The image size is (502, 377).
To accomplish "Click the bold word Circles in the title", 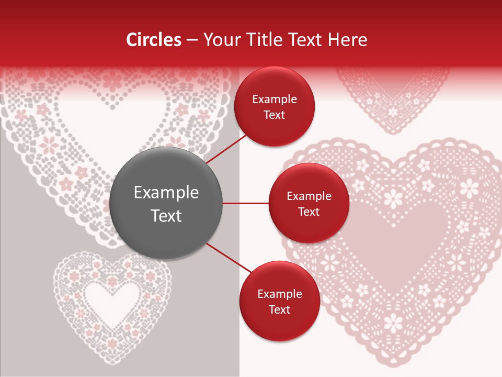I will click(154, 40).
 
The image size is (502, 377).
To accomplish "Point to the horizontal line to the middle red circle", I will click(246, 203).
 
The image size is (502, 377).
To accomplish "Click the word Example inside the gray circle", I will click(166, 193).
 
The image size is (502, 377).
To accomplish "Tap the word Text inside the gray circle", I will click(166, 216).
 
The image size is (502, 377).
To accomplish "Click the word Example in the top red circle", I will click(274, 99).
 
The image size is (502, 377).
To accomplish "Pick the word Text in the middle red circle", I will click(309, 212).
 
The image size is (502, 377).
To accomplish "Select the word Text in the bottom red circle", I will click(279, 310).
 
